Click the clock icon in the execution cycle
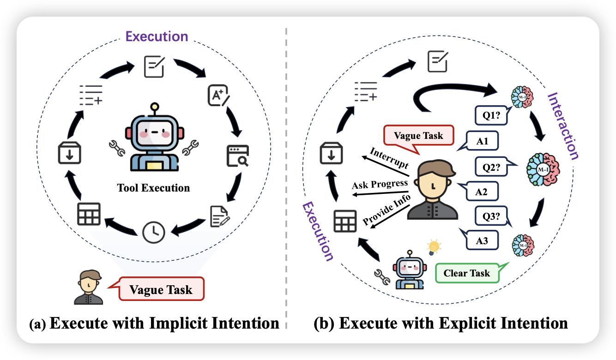click(x=153, y=232)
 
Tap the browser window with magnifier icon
click(x=237, y=156)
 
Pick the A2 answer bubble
click(x=481, y=192)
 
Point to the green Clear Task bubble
click(x=467, y=273)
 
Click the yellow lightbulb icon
click(x=433, y=247)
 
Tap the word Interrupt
click(x=389, y=158)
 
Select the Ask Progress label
click(x=380, y=184)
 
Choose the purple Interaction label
click(x=562, y=126)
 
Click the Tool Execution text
click(x=153, y=188)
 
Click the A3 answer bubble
click(x=482, y=240)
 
